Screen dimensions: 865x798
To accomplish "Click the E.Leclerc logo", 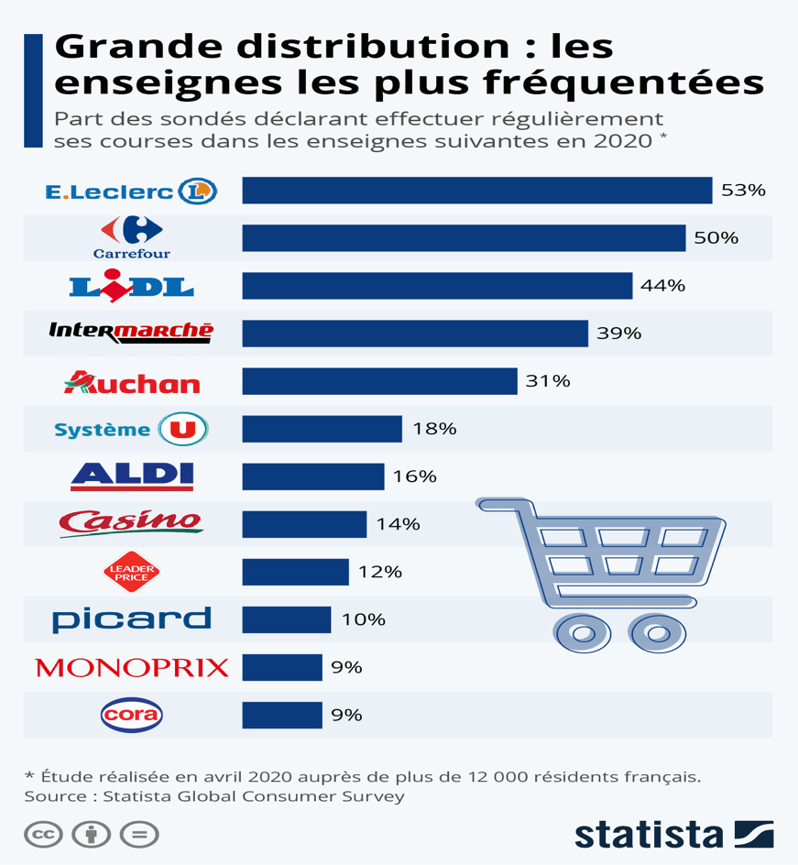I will coord(131,191).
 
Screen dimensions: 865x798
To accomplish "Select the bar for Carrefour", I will coord(464,238).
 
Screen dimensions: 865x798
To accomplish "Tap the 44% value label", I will coord(662,286).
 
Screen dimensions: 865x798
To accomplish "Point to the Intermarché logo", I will coord(131,332).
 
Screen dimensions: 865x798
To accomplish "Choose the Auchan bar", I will coord(379,381).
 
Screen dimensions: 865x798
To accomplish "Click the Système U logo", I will coord(131,429).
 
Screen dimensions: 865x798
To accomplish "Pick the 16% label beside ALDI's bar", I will coord(415,476).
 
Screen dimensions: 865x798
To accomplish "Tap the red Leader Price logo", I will coord(131,572).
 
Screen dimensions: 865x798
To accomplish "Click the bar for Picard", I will coord(286,619).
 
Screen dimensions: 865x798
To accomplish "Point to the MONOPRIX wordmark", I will coord(131,667).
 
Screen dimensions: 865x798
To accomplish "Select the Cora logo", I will coord(131,715).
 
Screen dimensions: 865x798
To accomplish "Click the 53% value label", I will coord(743,191).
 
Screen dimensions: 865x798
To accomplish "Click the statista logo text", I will coord(649,834).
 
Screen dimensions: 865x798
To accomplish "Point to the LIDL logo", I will coord(131,286).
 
